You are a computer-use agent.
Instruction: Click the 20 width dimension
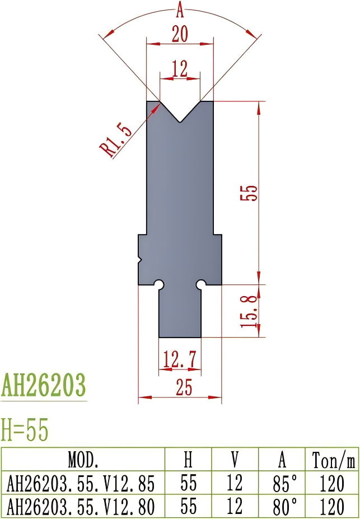point(180,35)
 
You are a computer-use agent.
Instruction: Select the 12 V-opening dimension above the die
point(180,69)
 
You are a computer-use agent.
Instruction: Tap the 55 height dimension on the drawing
point(251,192)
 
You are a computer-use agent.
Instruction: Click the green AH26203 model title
point(44,385)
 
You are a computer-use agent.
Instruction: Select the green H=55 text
point(25,430)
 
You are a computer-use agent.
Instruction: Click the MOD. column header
point(83,460)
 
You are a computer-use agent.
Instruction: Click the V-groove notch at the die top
point(180,112)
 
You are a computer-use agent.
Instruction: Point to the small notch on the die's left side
point(141,260)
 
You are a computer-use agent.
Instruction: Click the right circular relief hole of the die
point(200,284)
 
